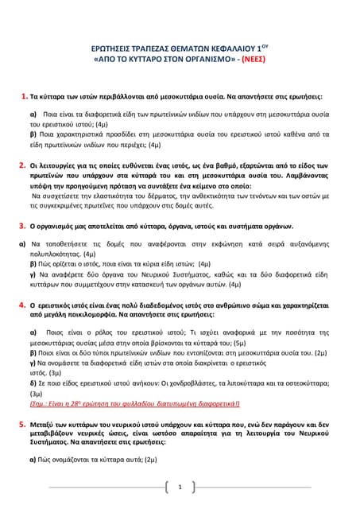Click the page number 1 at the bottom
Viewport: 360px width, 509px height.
180,487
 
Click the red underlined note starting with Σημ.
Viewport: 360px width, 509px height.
139,403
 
